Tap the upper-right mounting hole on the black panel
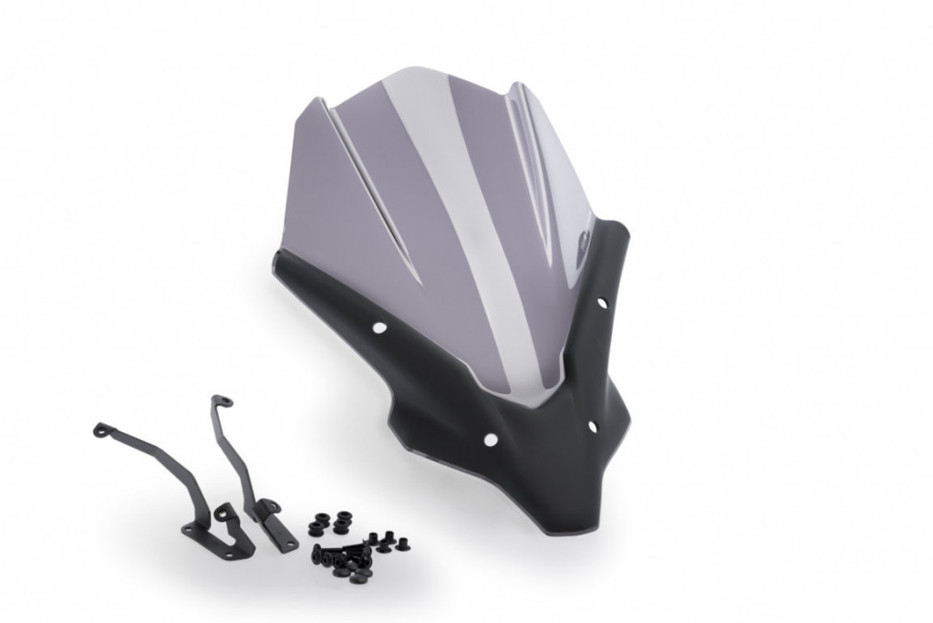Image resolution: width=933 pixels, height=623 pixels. (602, 302)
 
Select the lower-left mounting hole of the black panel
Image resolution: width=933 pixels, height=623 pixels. (490, 440)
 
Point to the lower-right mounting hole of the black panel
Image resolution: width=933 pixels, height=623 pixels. (592, 426)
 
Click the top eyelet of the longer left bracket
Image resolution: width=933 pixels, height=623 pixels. (100, 428)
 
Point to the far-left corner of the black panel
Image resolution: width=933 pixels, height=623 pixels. (275, 265)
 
